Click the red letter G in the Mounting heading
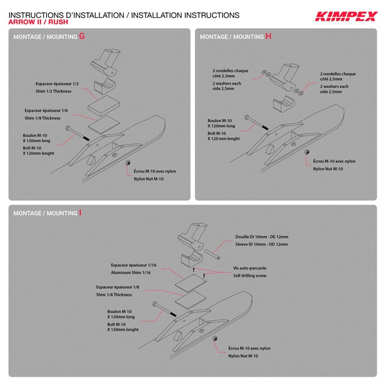[x=81, y=37]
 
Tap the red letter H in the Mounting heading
[x=268, y=37]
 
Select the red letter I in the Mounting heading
[x=80, y=212]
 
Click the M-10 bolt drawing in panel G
[x=77, y=133]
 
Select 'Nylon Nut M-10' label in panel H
[x=328, y=168]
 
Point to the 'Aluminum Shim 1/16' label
[x=133, y=273]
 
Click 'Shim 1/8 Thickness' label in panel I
[x=114, y=295]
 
